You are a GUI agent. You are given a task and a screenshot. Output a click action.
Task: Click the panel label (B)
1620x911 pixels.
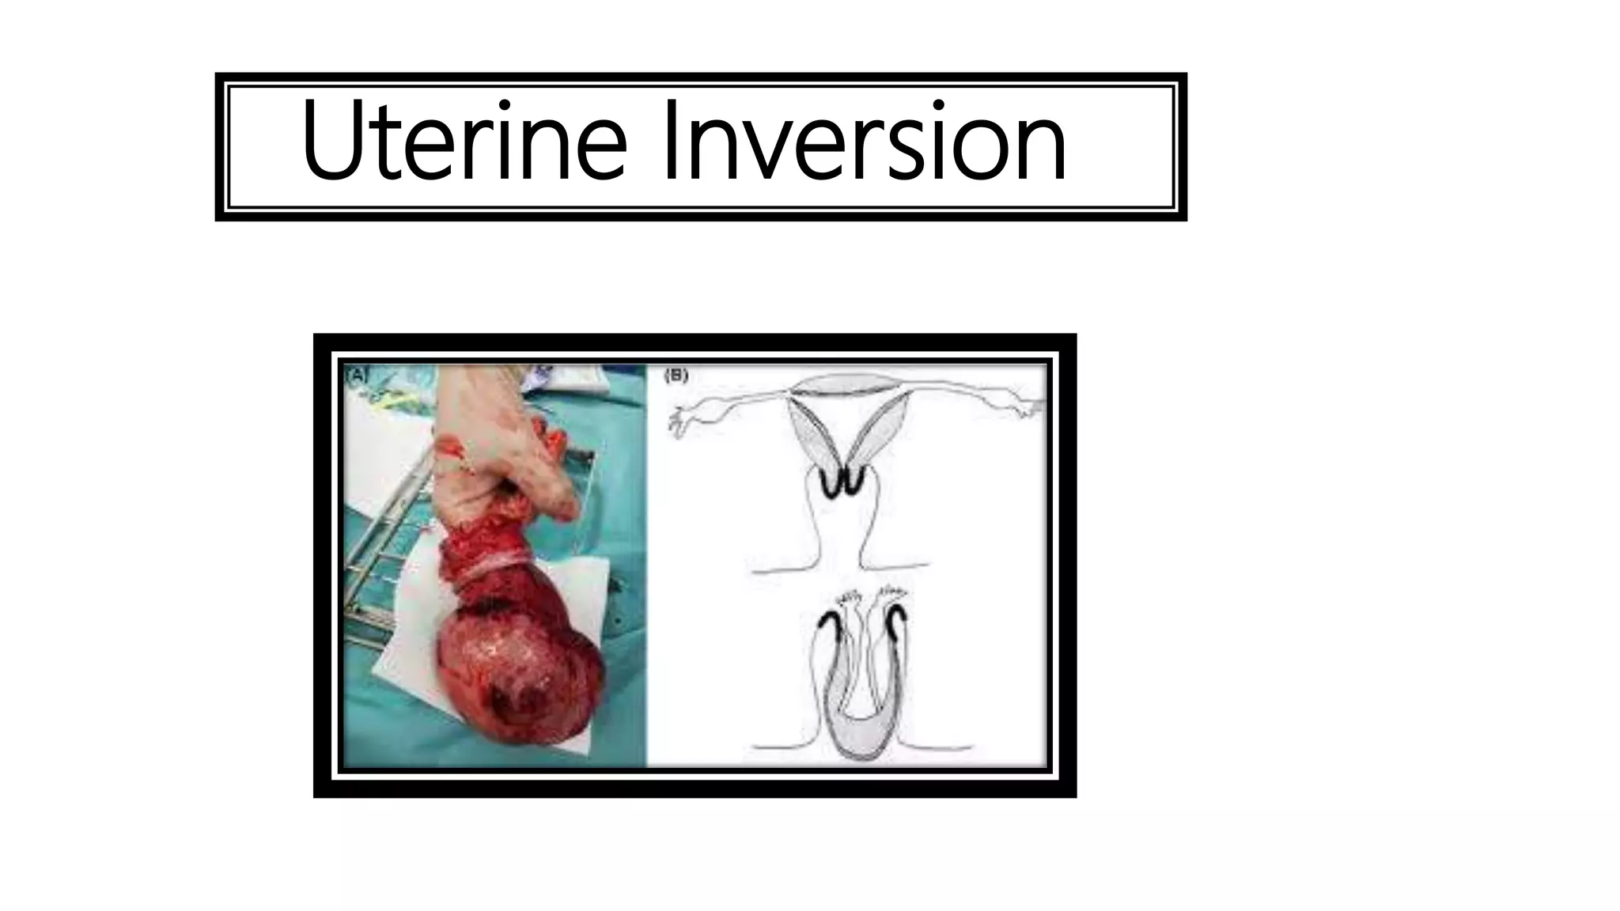point(677,376)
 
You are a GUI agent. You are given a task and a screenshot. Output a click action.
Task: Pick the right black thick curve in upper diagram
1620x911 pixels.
point(857,482)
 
